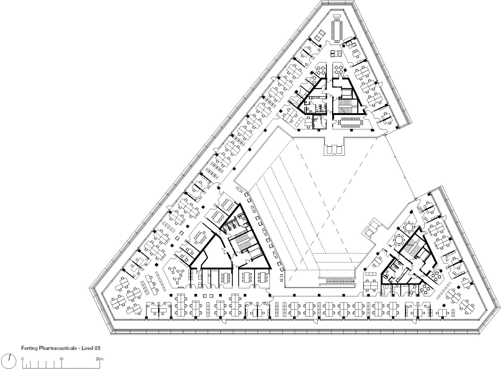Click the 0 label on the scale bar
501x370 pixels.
23,359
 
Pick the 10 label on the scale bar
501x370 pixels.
61,359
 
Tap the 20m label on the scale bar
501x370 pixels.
99,359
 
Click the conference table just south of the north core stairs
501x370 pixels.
351,122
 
